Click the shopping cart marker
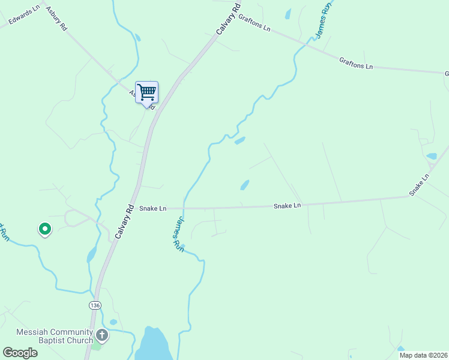pyautogui.click(x=146, y=93)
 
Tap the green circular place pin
pyautogui.click(x=44, y=229)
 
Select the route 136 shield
pyautogui.click(x=94, y=305)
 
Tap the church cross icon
pyautogui.click(x=102, y=335)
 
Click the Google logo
pyautogui.click(x=20, y=353)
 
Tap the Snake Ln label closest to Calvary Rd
pyautogui.click(x=152, y=209)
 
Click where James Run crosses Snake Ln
pyautogui.click(x=184, y=208)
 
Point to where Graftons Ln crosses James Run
pyautogui.click(x=310, y=41)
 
